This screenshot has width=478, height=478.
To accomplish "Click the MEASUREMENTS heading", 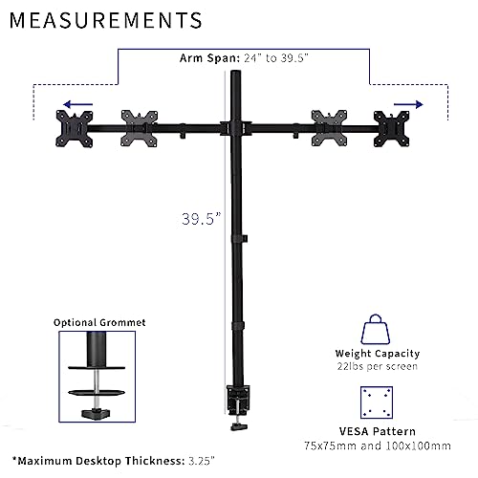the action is coord(106,20).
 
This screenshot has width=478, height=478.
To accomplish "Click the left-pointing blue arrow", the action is coord(77,104).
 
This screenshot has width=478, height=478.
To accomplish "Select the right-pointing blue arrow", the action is coord(408,104).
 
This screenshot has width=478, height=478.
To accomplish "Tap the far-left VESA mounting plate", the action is coord(75,129).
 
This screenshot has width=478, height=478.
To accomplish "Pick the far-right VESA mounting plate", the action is coord(392,129).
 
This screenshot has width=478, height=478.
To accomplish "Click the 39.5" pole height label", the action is coord(201,219).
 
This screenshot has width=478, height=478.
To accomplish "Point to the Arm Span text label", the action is coord(244,58).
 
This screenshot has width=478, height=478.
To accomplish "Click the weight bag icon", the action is coord(376,329).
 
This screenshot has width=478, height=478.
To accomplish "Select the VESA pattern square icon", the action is coord(377,402).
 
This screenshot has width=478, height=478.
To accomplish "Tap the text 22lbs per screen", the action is coord(378,366).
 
